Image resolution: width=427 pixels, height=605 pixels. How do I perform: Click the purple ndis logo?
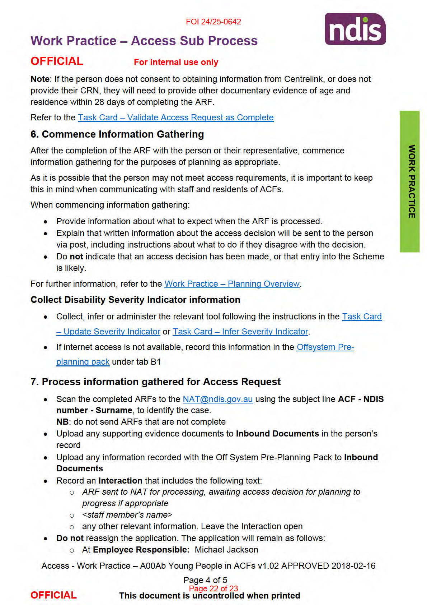tap(355, 29)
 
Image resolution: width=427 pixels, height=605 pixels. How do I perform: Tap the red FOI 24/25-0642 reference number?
tap(213, 22)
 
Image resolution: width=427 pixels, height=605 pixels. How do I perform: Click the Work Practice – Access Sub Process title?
tap(144, 41)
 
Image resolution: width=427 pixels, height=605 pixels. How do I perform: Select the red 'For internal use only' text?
tap(176, 62)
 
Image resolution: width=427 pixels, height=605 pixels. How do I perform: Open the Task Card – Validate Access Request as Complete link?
tap(176, 117)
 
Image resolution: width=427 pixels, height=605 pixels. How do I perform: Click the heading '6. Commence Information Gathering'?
tap(117, 134)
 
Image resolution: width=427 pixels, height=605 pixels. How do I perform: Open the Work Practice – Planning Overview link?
tap(232, 284)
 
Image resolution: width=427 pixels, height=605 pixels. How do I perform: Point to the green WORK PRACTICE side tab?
tap(410, 181)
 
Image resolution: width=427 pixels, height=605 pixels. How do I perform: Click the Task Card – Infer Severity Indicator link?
tap(240, 332)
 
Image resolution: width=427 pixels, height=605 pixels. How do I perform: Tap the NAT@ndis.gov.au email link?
tap(217, 399)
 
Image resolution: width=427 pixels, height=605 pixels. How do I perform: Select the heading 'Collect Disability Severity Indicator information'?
tap(135, 300)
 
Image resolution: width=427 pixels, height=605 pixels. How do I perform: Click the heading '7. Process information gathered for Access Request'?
tap(155, 382)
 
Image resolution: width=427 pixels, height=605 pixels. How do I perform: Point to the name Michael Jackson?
tap(226, 550)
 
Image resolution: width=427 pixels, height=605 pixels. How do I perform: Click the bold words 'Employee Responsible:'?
tap(141, 550)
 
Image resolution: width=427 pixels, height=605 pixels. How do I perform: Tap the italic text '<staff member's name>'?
tap(127, 515)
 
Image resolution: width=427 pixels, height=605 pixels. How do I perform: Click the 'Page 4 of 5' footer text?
tap(205, 580)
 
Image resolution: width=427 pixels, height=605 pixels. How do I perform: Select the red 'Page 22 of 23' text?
tap(213, 588)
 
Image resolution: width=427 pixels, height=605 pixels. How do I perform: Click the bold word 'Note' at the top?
tap(40, 79)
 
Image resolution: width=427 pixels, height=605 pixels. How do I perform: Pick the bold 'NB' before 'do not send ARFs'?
tap(62, 422)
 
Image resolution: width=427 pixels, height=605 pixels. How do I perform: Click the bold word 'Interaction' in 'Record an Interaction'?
tap(120, 481)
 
